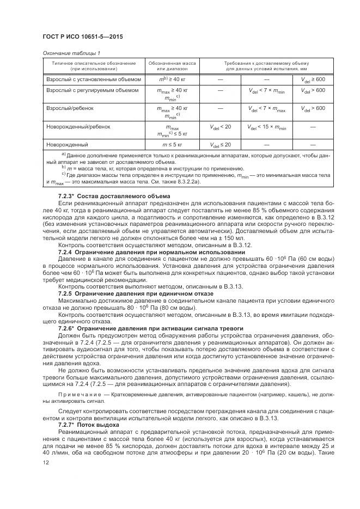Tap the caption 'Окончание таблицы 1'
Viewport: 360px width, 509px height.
coord(71,53)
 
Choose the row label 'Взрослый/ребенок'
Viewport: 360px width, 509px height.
coord(70,108)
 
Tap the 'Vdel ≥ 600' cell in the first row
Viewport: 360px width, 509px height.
coord(313,79)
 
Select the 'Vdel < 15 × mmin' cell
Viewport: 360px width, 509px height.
coord(267,127)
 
